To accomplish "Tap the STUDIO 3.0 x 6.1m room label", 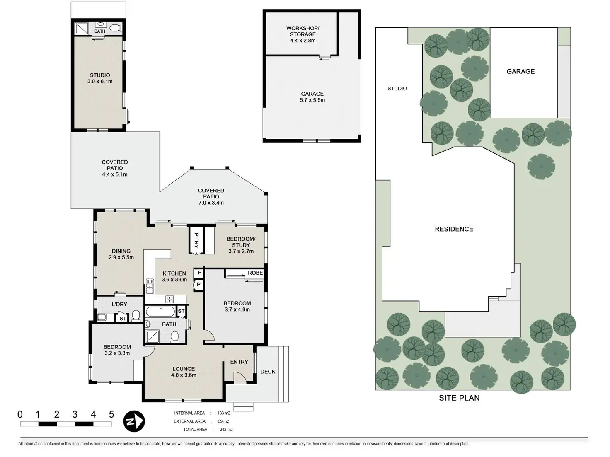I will click(x=100, y=78).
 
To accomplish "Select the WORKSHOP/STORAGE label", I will click(x=303, y=34).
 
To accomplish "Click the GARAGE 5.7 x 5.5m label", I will click(x=312, y=97).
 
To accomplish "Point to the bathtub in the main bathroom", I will click(x=161, y=311).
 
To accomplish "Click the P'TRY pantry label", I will click(x=197, y=240).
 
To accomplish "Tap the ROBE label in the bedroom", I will click(x=255, y=273).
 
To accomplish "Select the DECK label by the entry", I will click(x=268, y=372).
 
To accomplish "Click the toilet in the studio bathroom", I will click(x=116, y=28).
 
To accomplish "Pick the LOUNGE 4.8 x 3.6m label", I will click(x=183, y=372).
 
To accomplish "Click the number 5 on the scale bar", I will click(x=111, y=414).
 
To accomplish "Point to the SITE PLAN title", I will click(x=459, y=398).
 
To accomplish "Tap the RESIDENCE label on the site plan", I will click(x=454, y=229).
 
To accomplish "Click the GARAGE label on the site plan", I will click(x=520, y=71).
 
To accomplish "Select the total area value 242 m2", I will click(x=226, y=430).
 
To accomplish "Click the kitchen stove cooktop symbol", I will click(x=170, y=299).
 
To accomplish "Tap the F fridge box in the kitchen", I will click(x=199, y=273).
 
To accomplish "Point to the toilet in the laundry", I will click(x=136, y=317).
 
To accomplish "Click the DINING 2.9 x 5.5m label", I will click(x=121, y=254).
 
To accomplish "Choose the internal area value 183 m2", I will click(x=224, y=413).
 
